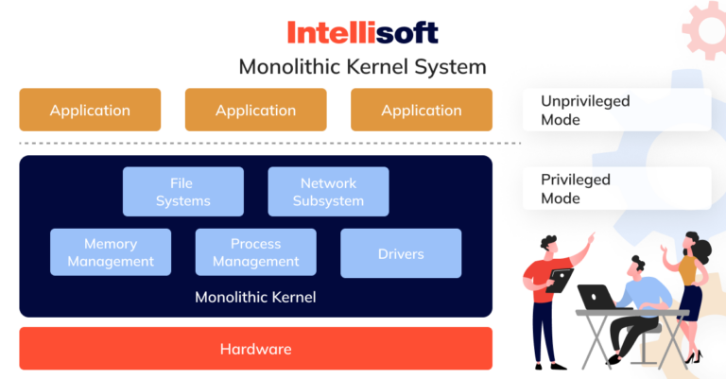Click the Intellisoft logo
point(363,33)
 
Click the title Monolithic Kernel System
point(363,67)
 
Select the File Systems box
point(183,192)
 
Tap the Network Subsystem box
point(328,192)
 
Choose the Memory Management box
point(111,252)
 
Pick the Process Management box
point(256,252)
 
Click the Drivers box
point(401,252)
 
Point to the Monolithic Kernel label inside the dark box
point(255,297)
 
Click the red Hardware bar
point(255,349)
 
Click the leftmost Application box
point(90,110)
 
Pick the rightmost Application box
point(422,110)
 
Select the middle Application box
point(255,110)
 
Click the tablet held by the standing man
point(561,280)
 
